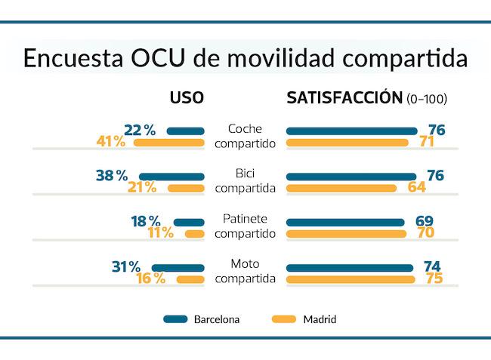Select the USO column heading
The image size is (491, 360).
187,99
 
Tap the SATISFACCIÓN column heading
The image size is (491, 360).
343,99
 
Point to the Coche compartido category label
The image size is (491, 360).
245,136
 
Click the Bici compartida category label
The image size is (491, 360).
245,181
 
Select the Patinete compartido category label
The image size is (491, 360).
245,226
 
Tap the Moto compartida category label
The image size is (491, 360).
245,272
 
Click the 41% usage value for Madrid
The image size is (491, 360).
111,142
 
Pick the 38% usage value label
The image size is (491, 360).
112,175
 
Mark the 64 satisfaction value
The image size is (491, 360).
417,187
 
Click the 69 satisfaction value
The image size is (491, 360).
425,221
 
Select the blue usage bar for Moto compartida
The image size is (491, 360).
178,267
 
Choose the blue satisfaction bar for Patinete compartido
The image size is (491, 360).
345,222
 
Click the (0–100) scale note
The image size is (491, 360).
427,100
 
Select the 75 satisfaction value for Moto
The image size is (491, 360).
432,278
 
